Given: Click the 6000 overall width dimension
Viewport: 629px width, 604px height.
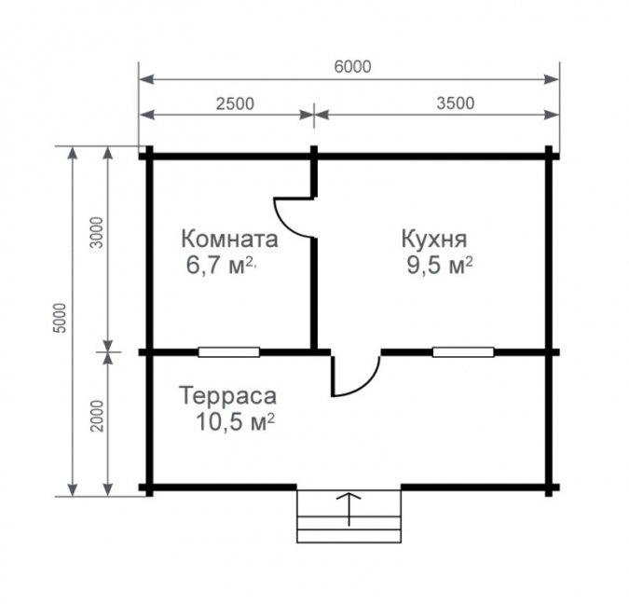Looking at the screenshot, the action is click(352, 66).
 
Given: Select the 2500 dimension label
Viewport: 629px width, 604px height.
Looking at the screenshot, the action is click(235, 103).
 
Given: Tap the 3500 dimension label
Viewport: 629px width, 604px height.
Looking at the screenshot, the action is click(456, 103).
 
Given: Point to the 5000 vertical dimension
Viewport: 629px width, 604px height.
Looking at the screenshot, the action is click(61, 318).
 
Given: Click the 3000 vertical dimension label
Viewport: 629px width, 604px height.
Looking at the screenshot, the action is click(97, 232).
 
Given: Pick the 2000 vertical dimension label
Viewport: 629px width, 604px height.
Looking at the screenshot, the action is click(97, 416).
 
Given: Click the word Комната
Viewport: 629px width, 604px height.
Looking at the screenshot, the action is click(229, 239).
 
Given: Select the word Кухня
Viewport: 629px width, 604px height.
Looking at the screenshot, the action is click(434, 239).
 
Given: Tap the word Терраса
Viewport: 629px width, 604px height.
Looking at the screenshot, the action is click(228, 396).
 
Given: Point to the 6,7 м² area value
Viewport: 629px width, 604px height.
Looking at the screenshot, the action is click(220, 266).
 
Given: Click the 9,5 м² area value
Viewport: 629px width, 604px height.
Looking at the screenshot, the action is click(440, 266).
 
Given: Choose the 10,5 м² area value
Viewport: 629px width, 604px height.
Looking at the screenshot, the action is click(235, 422).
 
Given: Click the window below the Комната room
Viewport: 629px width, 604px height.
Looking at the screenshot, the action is click(229, 352).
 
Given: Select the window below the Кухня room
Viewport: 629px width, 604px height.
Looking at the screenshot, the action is click(463, 352).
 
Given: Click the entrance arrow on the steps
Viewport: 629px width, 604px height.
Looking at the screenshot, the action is click(349, 509).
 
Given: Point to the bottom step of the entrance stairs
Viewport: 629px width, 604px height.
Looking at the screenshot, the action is click(349, 536).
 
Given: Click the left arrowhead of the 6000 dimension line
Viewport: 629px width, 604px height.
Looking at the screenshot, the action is click(147, 79).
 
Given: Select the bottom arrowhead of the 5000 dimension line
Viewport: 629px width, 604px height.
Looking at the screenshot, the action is click(72, 489).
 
